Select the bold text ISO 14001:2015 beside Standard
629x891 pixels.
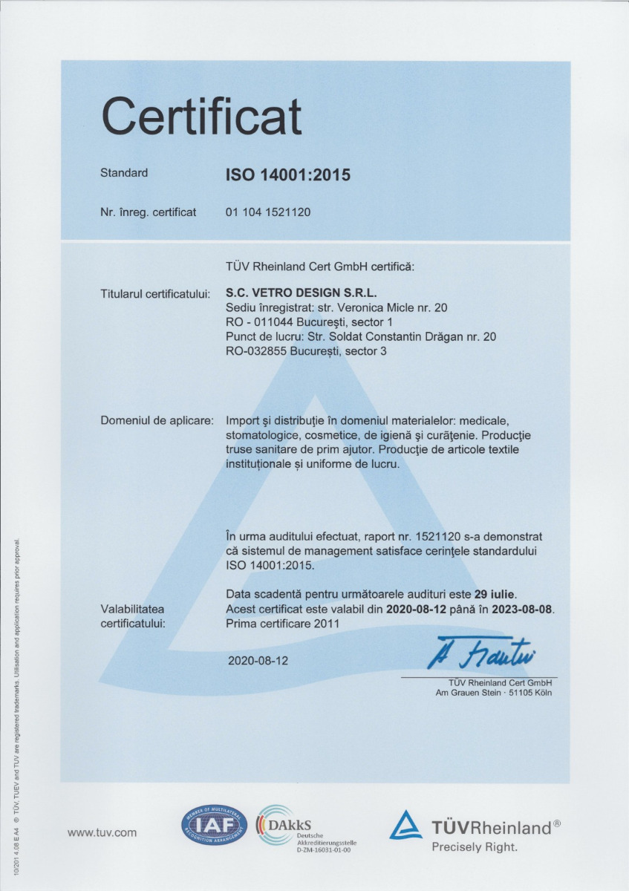pos(287,176)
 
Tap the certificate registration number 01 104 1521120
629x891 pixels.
pos(267,212)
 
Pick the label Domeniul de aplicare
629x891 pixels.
pos(157,421)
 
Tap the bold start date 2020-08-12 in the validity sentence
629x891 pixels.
pos(417,610)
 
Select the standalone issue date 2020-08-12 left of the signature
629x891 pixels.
pos(258,660)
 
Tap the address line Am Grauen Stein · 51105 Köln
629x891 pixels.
pos(494,693)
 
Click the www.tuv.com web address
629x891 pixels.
pos(102,832)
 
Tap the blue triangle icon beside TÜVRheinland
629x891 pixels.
pos(405,826)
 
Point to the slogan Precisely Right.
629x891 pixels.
pos(475,847)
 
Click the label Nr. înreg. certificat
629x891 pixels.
pos(148,212)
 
